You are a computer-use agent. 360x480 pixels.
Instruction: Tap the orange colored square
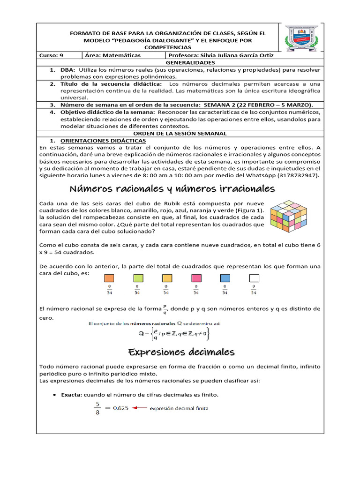coord(109,278)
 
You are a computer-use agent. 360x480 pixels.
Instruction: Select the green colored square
coord(138,278)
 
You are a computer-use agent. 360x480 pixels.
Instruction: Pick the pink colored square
coord(196,278)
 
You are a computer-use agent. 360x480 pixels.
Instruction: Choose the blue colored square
coord(225,278)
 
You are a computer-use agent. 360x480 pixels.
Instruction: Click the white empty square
coord(254,278)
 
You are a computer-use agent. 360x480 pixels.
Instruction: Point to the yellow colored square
coord(167,278)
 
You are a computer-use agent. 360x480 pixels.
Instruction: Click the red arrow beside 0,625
coord(140,408)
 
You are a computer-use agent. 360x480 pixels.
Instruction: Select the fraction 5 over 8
coord(97,408)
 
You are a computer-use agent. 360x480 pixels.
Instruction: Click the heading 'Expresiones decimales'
coord(181,352)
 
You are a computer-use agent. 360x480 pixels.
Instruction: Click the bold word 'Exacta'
coord(71,395)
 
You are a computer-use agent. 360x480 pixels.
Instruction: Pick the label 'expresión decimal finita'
coord(179,408)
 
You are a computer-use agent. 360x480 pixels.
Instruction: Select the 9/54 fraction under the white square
coord(254,290)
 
